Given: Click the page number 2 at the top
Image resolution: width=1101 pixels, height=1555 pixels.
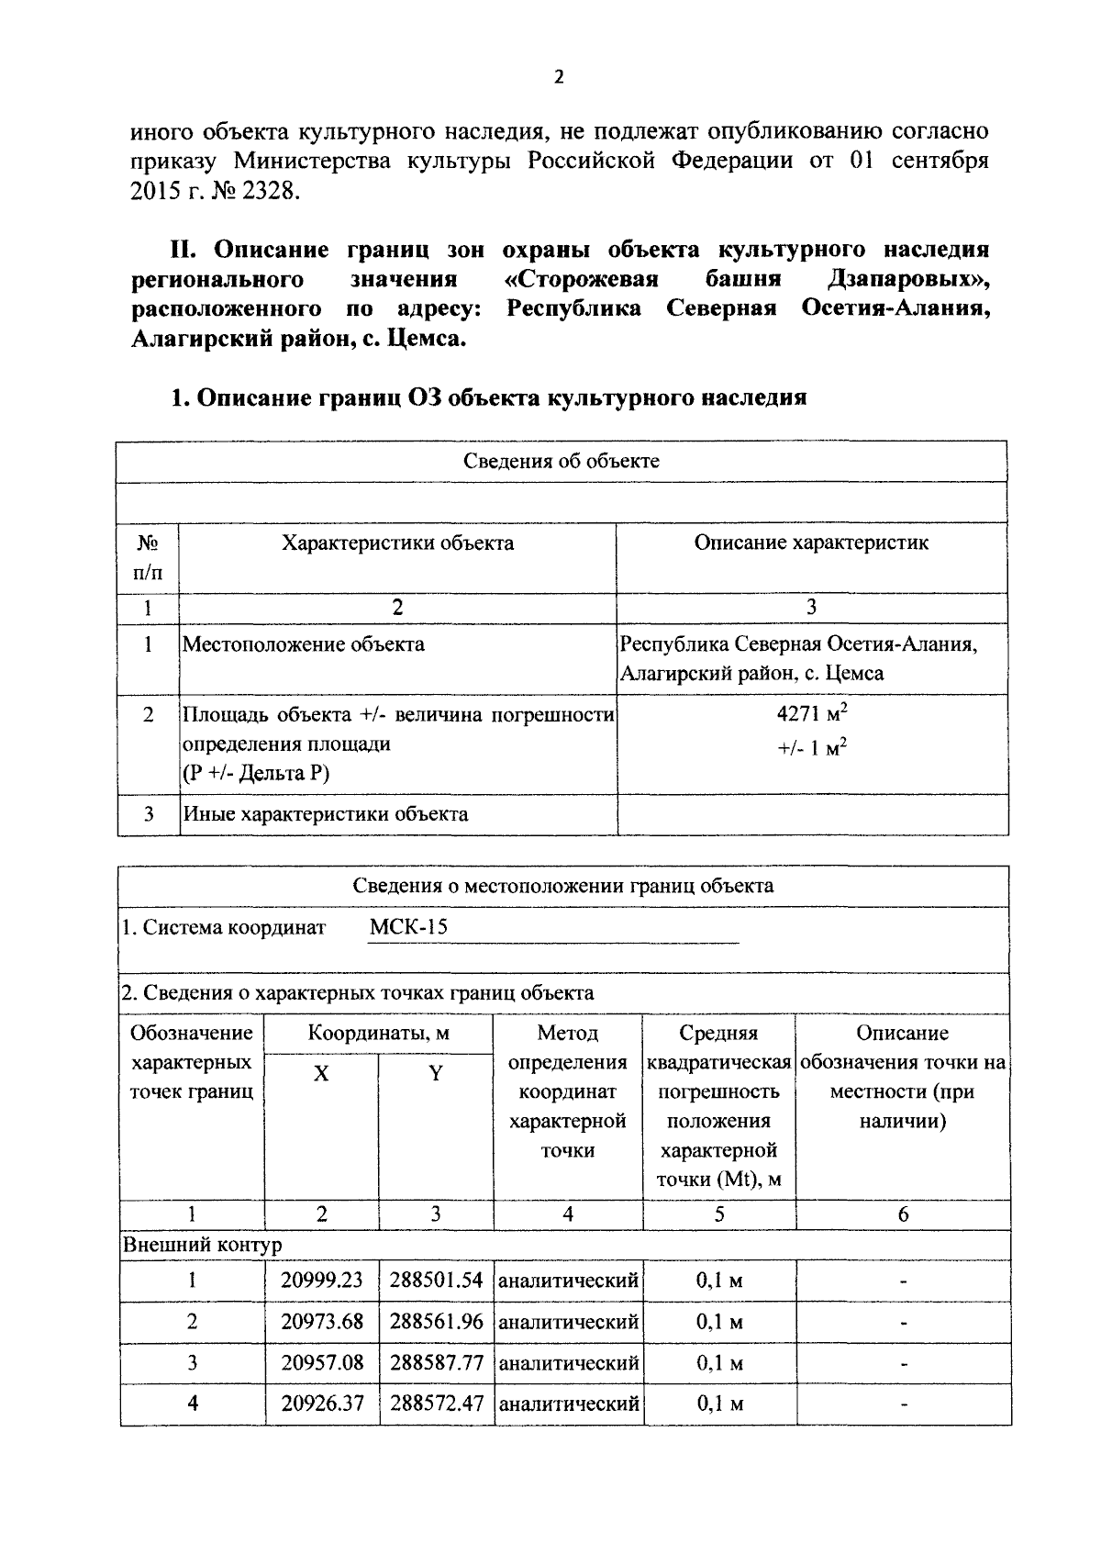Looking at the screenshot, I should click(559, 78).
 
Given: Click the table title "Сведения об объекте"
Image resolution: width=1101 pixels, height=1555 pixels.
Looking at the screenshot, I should click(562, 461).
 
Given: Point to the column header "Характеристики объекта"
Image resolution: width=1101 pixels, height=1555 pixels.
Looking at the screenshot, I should click(397, 543).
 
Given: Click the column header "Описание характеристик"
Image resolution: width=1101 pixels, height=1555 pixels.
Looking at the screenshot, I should click(811, 543).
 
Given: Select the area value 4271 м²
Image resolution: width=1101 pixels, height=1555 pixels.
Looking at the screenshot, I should click(811, 715).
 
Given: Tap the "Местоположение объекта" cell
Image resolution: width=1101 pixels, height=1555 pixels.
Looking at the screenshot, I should click(304, 643).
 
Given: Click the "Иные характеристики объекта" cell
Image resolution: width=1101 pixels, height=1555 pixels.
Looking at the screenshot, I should click(326, 813).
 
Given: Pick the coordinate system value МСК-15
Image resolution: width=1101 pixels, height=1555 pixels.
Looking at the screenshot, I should click(408, 926).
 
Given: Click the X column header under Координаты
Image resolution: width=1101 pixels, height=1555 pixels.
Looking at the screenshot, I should click(321, 1072).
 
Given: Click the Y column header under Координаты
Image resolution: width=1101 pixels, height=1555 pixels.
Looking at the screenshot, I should click(436, 1072).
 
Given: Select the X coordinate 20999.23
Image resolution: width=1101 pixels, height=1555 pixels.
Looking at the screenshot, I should click(322, 1280).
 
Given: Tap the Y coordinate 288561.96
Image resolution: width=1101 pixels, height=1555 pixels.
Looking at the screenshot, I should click(436, 1321).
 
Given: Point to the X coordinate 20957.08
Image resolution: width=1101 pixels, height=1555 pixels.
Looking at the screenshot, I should click(322, 1362).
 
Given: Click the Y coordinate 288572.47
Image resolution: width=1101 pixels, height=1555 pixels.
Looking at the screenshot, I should click(436, 1404).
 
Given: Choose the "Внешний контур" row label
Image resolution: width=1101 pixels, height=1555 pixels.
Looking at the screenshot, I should click(203, 1245).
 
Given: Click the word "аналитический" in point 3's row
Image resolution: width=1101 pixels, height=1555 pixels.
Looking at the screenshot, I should click(568, 1362).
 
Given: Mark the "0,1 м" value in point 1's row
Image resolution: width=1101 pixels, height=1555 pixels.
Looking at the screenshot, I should click(719, 1280).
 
